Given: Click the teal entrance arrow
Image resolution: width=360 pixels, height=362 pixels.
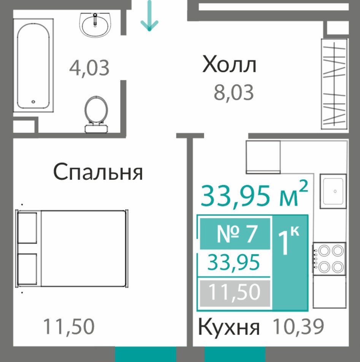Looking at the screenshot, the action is coord(149,16).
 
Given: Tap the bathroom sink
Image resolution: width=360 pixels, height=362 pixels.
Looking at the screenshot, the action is coord(95,25).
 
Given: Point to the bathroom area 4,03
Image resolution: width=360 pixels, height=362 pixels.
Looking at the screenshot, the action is coord(89,68).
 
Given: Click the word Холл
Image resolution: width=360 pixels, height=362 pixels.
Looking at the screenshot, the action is coord(229,64).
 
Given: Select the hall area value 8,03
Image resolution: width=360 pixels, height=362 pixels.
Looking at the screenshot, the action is coord(234,92).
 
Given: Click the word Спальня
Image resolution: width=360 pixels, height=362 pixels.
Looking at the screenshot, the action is coord(98,172).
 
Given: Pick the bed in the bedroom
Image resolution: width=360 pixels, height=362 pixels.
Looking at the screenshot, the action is coord(72,249).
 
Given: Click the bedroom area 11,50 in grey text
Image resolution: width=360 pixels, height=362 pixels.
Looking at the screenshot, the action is coord(69,327).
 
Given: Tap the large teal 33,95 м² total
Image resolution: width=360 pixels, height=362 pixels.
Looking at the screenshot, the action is coord(254,195).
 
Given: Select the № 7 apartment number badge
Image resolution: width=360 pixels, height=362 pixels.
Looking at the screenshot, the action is coord(235,234).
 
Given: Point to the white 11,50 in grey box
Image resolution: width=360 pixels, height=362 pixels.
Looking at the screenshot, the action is coord(235,292).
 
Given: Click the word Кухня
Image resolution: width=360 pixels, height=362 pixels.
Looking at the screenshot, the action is coord(229,327).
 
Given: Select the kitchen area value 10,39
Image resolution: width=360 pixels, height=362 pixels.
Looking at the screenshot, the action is coord(298,327).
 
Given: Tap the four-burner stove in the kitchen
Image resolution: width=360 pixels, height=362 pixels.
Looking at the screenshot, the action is coord(329,258).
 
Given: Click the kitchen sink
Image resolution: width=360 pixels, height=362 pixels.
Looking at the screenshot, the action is coord(333,191).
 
